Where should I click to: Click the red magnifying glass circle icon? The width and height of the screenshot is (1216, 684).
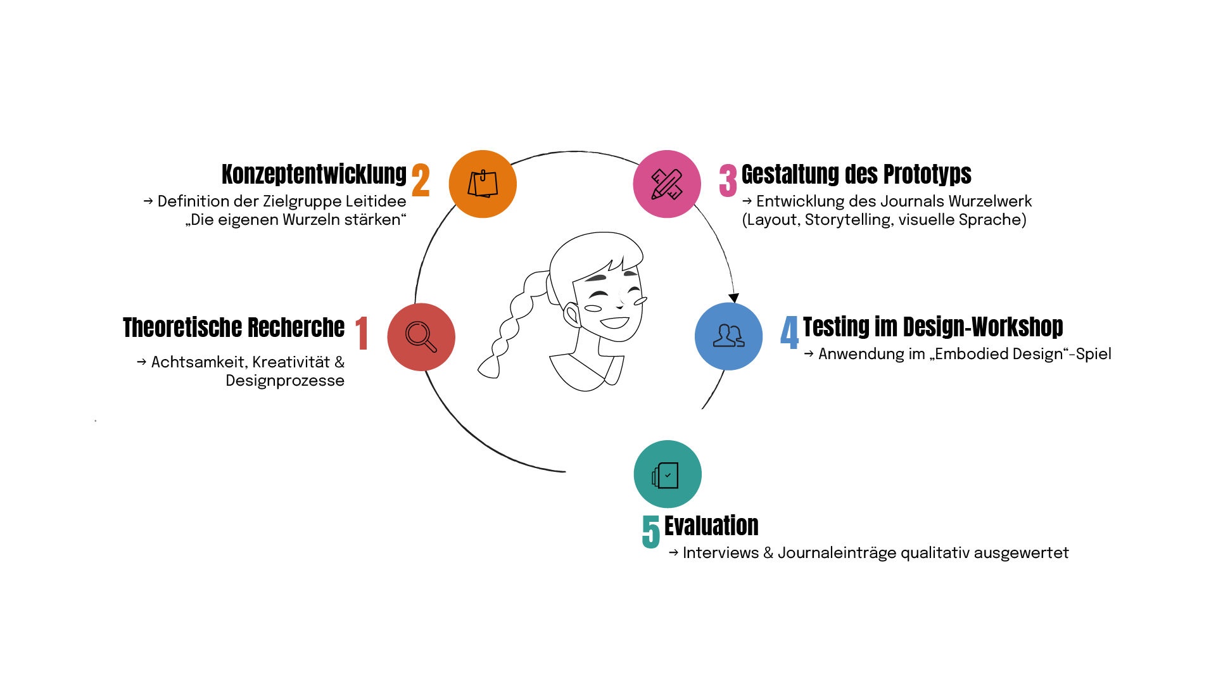(421, 337)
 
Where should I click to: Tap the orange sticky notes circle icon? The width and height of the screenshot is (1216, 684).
(483, 184)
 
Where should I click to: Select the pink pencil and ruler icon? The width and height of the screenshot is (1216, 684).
(667, 184)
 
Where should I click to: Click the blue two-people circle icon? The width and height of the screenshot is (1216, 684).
(728, 336)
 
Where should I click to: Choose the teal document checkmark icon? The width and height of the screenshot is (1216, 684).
(668, 474)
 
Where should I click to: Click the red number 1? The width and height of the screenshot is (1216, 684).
(362, 333)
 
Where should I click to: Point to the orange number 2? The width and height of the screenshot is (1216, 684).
(421, 180)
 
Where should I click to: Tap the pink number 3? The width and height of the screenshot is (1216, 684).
(728, 180)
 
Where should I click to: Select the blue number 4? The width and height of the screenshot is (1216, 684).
(789, 332)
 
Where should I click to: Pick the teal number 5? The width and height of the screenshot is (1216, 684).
(650, 531)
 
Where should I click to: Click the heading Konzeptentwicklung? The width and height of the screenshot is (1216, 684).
(313, 174)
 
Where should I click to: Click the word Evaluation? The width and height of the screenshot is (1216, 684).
(711, 526)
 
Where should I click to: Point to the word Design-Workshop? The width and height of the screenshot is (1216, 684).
(983, 327)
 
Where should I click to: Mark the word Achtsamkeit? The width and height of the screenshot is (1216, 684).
(198, 362)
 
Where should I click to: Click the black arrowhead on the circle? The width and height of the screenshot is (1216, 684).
(733, 298)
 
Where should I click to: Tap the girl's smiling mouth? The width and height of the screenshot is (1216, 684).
(614, 323)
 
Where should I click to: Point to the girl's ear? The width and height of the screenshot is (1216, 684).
(572, 315)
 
